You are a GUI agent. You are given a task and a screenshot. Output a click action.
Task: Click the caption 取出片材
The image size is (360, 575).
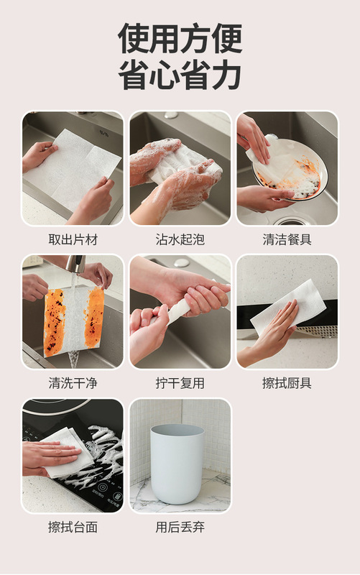pyautogui.click(x=73, y=240)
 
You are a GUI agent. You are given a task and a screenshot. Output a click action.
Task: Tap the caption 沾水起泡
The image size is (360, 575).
pyautogui.click(x=180, y=240)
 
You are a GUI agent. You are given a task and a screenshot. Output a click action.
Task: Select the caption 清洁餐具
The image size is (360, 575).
pyautogui.click(x=287, y=240)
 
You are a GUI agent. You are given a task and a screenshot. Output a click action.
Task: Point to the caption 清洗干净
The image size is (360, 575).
pyautogui.click(x=73, y=384)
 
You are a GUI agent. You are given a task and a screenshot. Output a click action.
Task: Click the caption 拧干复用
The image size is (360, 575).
pyautogui.click(x=180, y=384)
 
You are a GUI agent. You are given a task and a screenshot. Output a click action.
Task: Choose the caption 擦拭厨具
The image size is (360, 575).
pyautogui.click(x=287, y=384)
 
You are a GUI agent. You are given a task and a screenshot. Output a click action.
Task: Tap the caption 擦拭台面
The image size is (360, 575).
pyautogui.click(x=73, y=528)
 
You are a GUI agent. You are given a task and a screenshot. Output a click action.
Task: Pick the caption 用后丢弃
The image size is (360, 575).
pyautogui.click(x=180, y=528)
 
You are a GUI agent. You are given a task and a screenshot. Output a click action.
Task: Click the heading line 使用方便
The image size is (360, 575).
pyautogui.click(x=180, y=38)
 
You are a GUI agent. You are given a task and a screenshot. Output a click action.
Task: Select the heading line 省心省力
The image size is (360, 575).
pyautogui.click(x=180, y=75)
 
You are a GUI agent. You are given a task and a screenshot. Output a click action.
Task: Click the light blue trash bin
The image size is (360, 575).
pyautogui.click(x=177, y=464)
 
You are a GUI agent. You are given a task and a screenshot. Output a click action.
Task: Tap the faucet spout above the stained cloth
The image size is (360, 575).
pyautogui.click(x=76, y=264)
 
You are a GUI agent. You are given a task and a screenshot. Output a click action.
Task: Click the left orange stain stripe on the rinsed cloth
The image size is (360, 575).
pyautogui.click(x=55, y=323)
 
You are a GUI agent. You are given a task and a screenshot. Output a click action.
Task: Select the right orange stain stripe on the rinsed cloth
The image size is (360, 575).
pyautogui.click(x=94, y=317)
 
